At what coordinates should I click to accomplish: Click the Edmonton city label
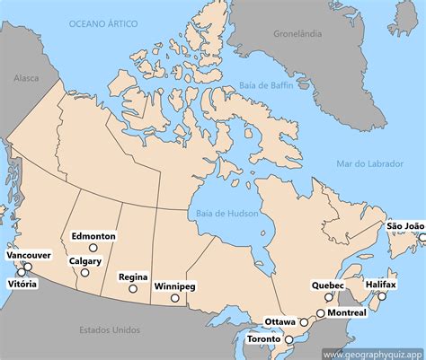point(93,236)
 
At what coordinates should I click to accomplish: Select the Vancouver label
point(29,256)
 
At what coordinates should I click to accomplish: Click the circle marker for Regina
point(133,289)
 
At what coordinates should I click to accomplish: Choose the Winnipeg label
point(174,285)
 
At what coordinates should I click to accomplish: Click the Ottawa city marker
point(304,321)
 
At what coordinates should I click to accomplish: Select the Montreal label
point(347,312)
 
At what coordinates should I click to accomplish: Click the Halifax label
point(381,284)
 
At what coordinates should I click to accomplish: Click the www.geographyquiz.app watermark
point(372,353)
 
